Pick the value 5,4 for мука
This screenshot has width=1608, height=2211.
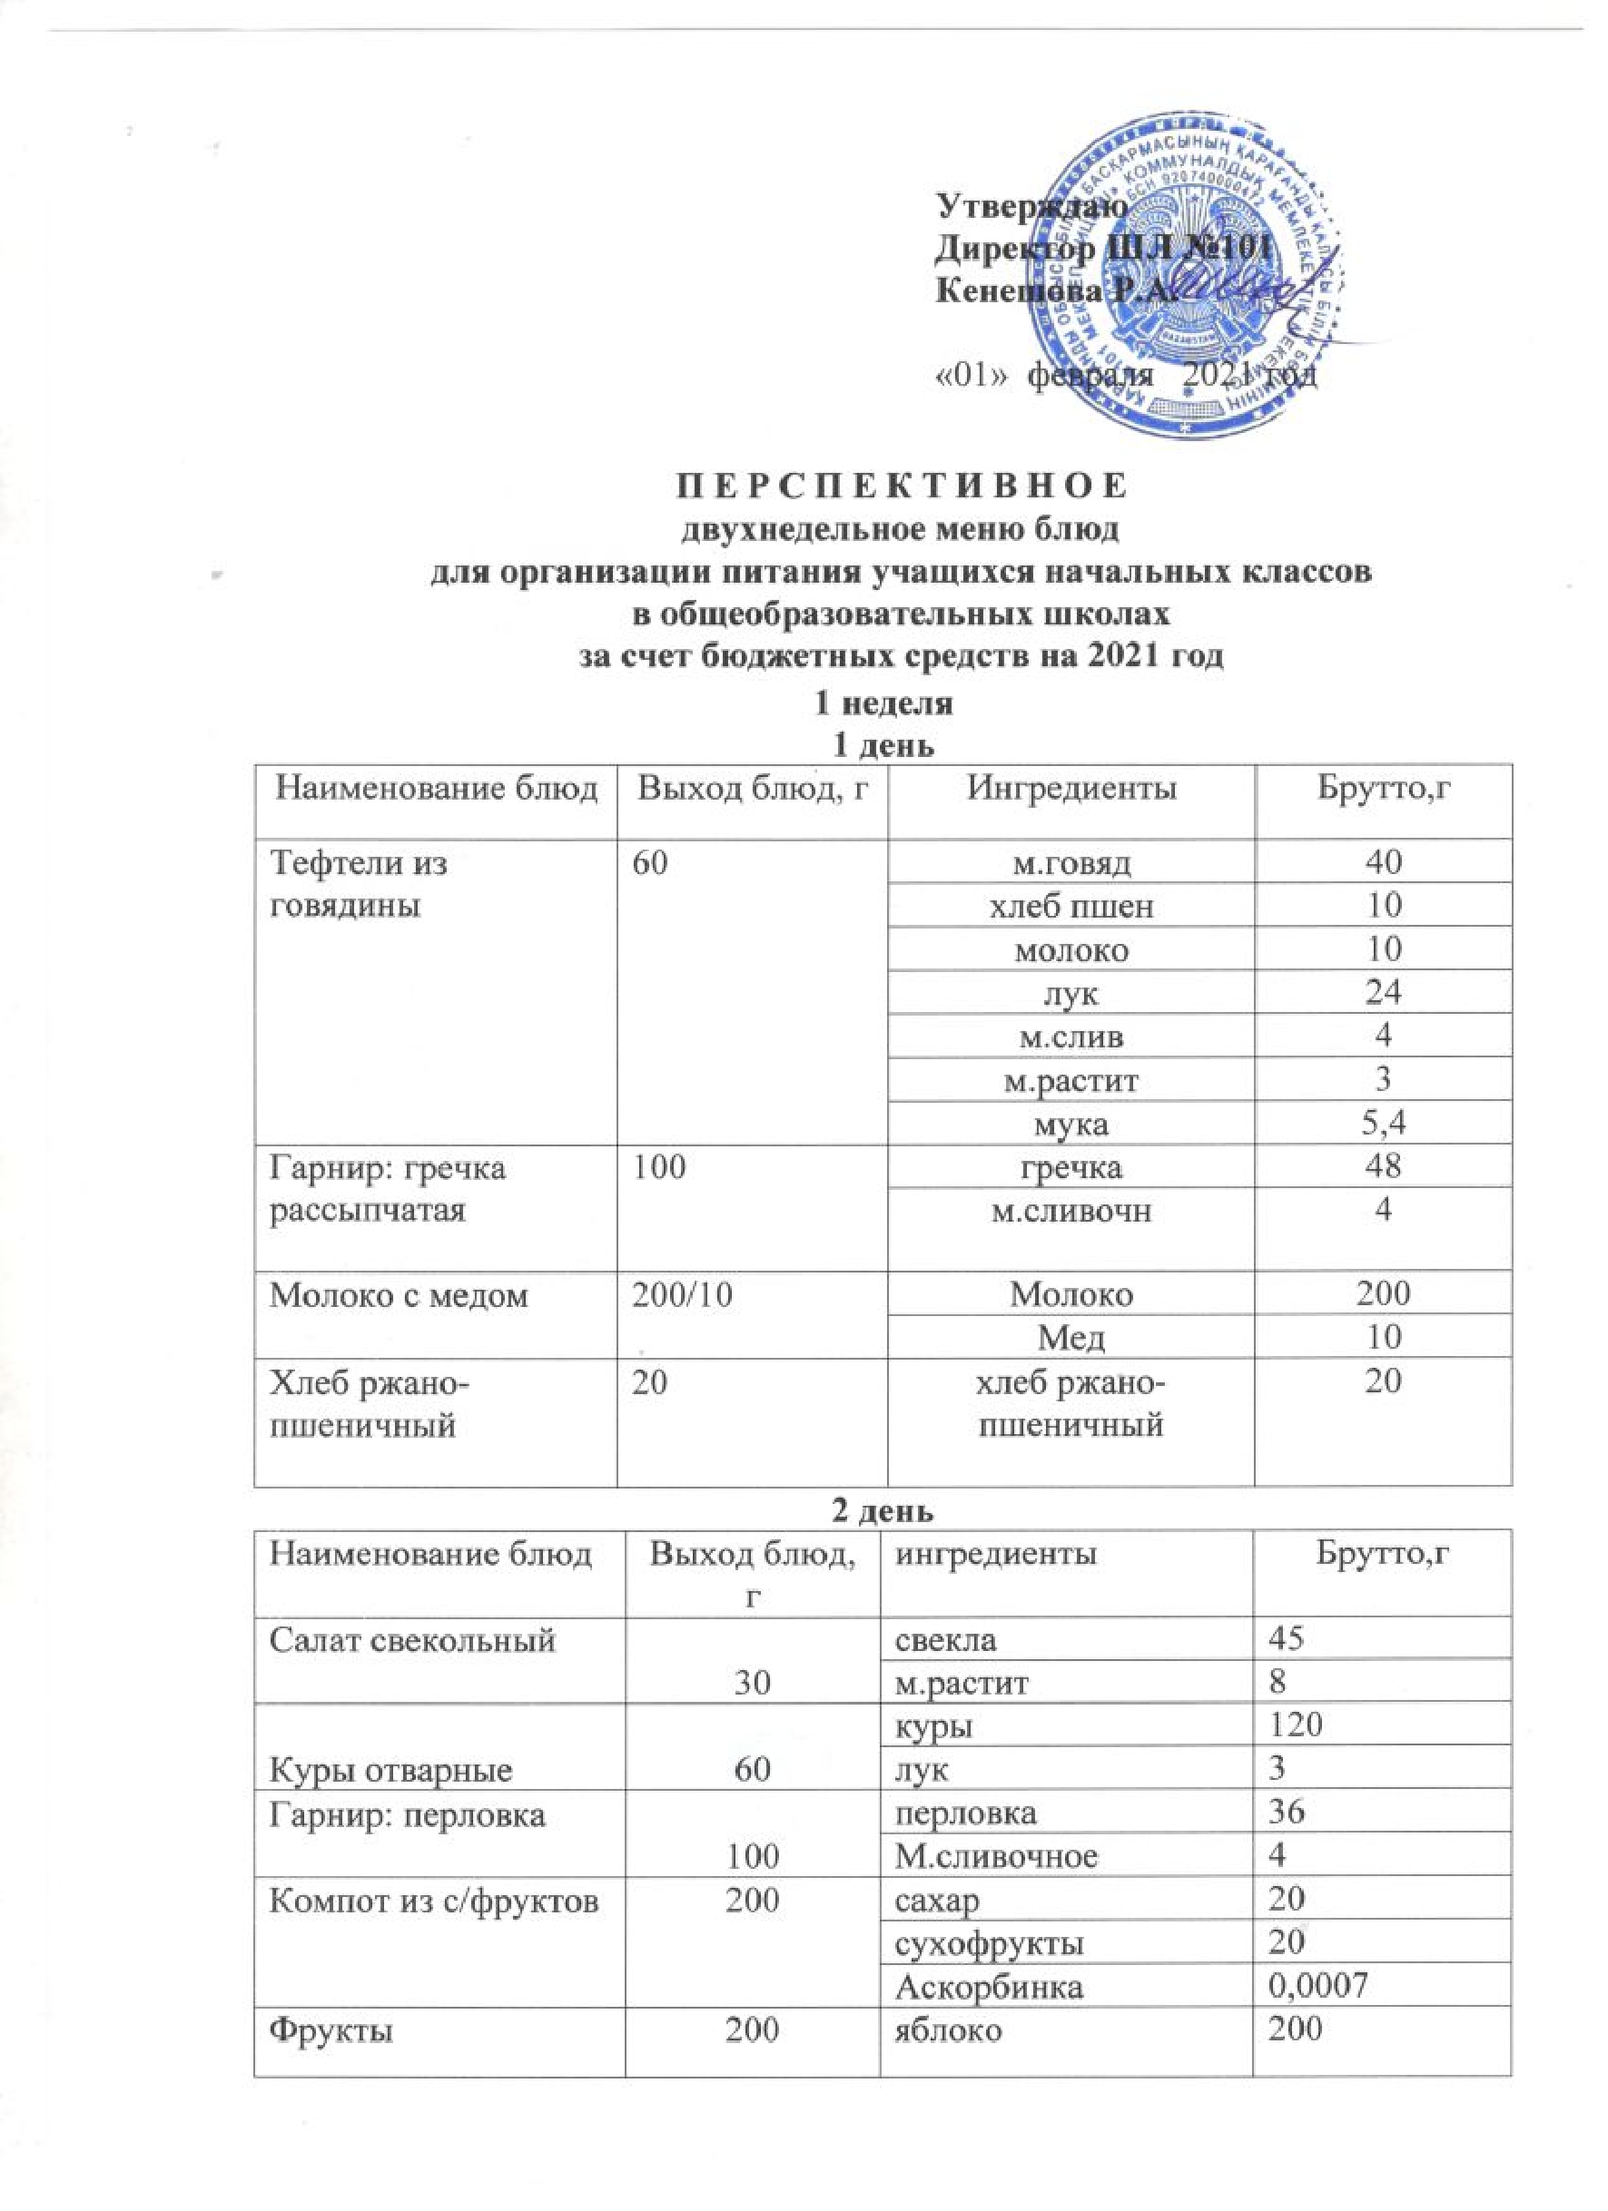(x=1383, y=1124)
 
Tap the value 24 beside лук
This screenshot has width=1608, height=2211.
(x=1383, y=993)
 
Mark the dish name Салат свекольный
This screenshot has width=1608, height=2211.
(x=412, y=1641)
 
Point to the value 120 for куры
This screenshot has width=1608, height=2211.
(x=1295, y=1726)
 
